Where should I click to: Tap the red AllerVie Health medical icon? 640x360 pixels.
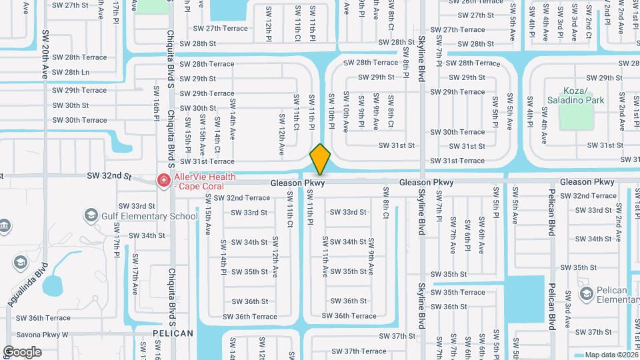pos(163,180)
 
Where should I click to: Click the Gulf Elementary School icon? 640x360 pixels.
pos(91,215)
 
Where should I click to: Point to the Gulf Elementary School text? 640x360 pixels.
pos(149,216)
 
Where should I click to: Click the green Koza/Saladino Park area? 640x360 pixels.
pos(575,117)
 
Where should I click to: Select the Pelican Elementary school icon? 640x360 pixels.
pos(586,294)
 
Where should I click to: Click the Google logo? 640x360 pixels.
pos(22,352)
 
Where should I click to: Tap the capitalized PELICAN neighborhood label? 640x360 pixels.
pos(173,333)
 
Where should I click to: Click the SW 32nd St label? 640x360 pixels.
pos(109,175)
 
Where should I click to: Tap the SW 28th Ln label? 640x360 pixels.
pos(70,72)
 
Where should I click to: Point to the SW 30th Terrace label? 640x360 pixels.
pos(79,120)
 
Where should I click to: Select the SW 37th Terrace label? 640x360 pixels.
pos(355,351)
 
